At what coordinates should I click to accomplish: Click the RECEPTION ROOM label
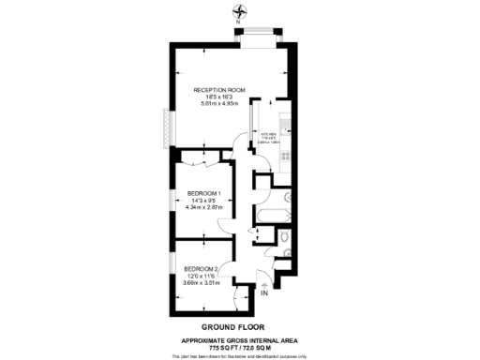(x=219, y=90)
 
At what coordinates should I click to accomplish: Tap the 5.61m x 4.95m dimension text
(x=219, y=104)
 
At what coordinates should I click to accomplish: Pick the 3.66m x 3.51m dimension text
(x=201, y=282)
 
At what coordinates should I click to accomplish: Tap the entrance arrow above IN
(x=263, y=283)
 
